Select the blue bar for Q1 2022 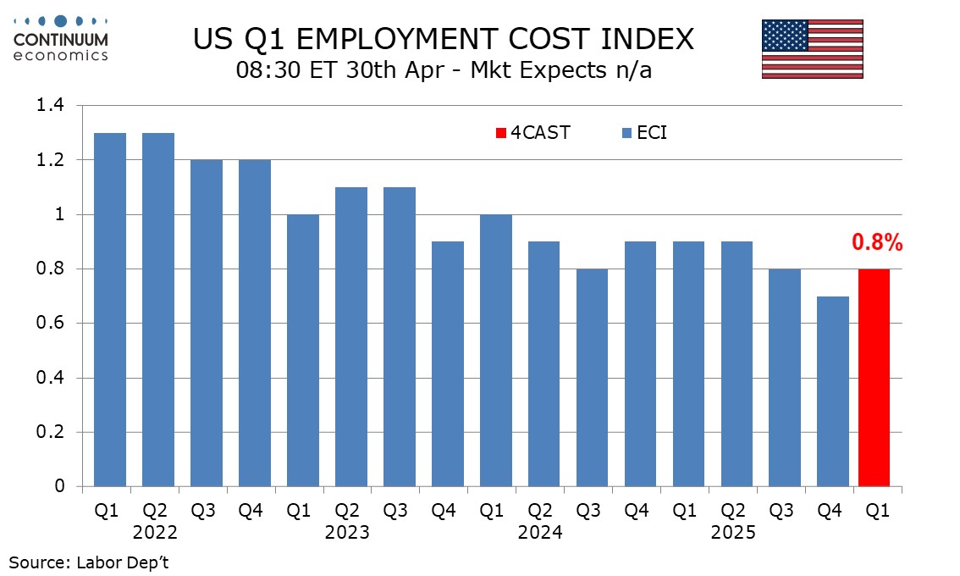point(110,309)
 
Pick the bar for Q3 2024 point(592,377)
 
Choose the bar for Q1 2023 point(303,350)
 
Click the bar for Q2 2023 point(351,336)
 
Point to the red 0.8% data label point(877,243)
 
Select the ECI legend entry point(644,133)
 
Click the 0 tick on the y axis point(60,486)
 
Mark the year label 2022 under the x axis point(155,533)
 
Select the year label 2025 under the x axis point(734,533)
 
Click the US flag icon point(812,50)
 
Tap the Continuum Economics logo point(61,38)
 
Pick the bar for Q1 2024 point(496,350)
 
